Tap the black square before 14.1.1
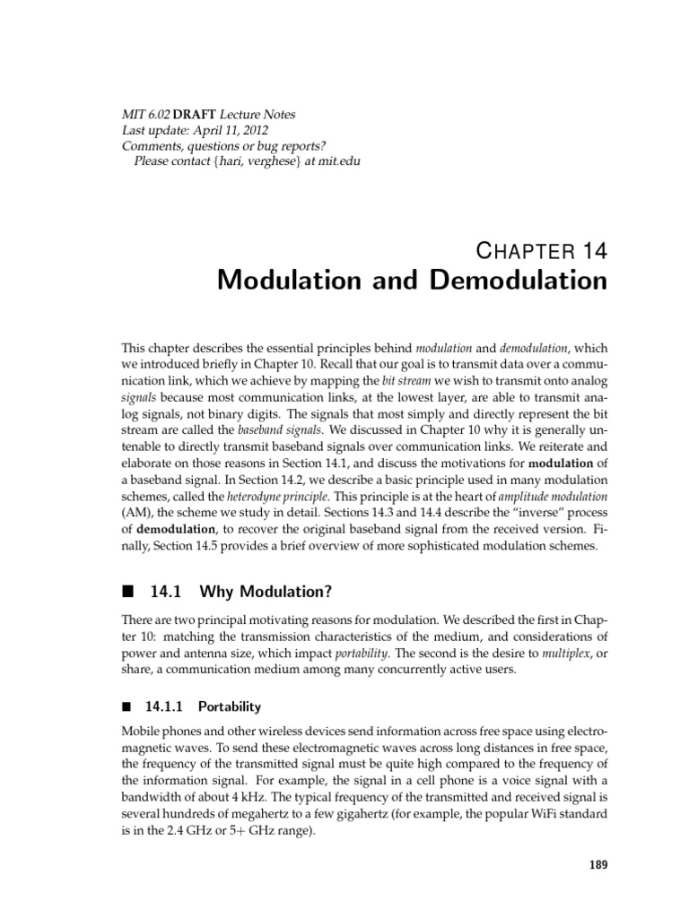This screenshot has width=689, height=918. (126, 706)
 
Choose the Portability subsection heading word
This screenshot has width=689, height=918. (230, 706)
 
